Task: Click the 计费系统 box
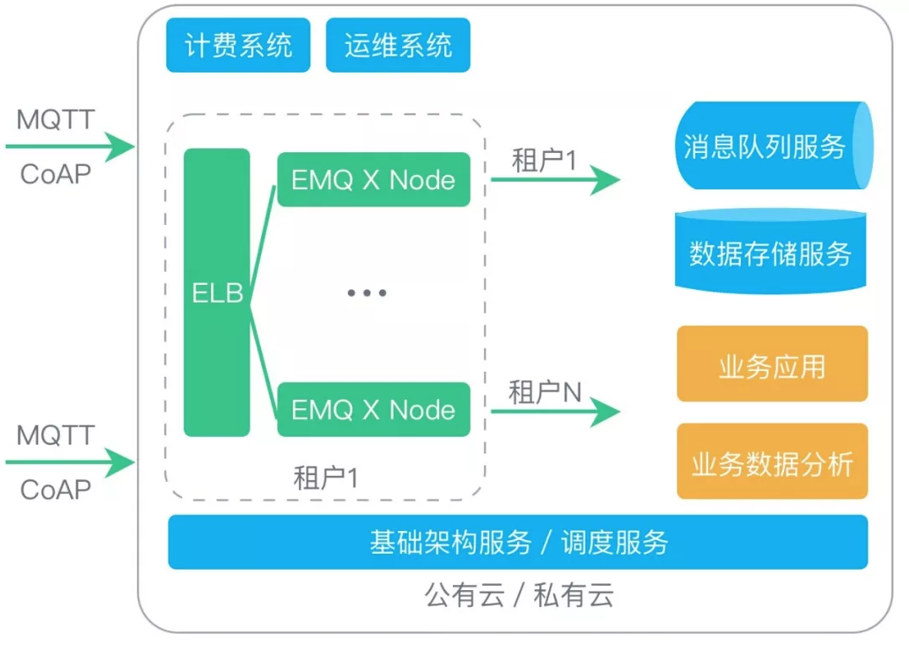[237, 45]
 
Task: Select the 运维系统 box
[398, 45]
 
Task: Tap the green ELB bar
[217, 292]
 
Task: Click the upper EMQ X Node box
[373, 180]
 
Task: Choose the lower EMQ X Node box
[373, 410]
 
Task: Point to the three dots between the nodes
[367, 293]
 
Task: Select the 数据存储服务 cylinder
[770, 253]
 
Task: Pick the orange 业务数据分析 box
[771, 462]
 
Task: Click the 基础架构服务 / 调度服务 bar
[518, 542]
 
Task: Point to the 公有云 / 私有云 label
[518, 596]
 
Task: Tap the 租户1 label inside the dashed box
[325, 478]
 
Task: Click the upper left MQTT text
[56, 119]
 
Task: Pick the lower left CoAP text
[56, 489]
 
